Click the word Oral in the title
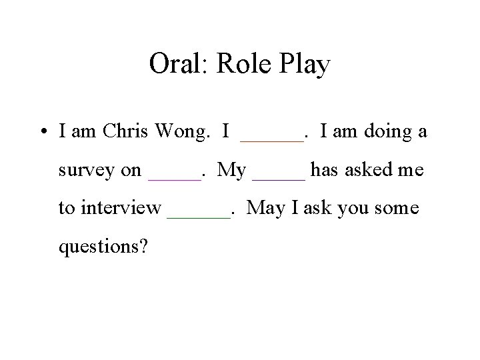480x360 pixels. pyautogui.click(x=172, y=65)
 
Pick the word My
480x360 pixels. pyautogui.click(x=231, y=171)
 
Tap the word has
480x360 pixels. pyautogui.click(x=325, y=171)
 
